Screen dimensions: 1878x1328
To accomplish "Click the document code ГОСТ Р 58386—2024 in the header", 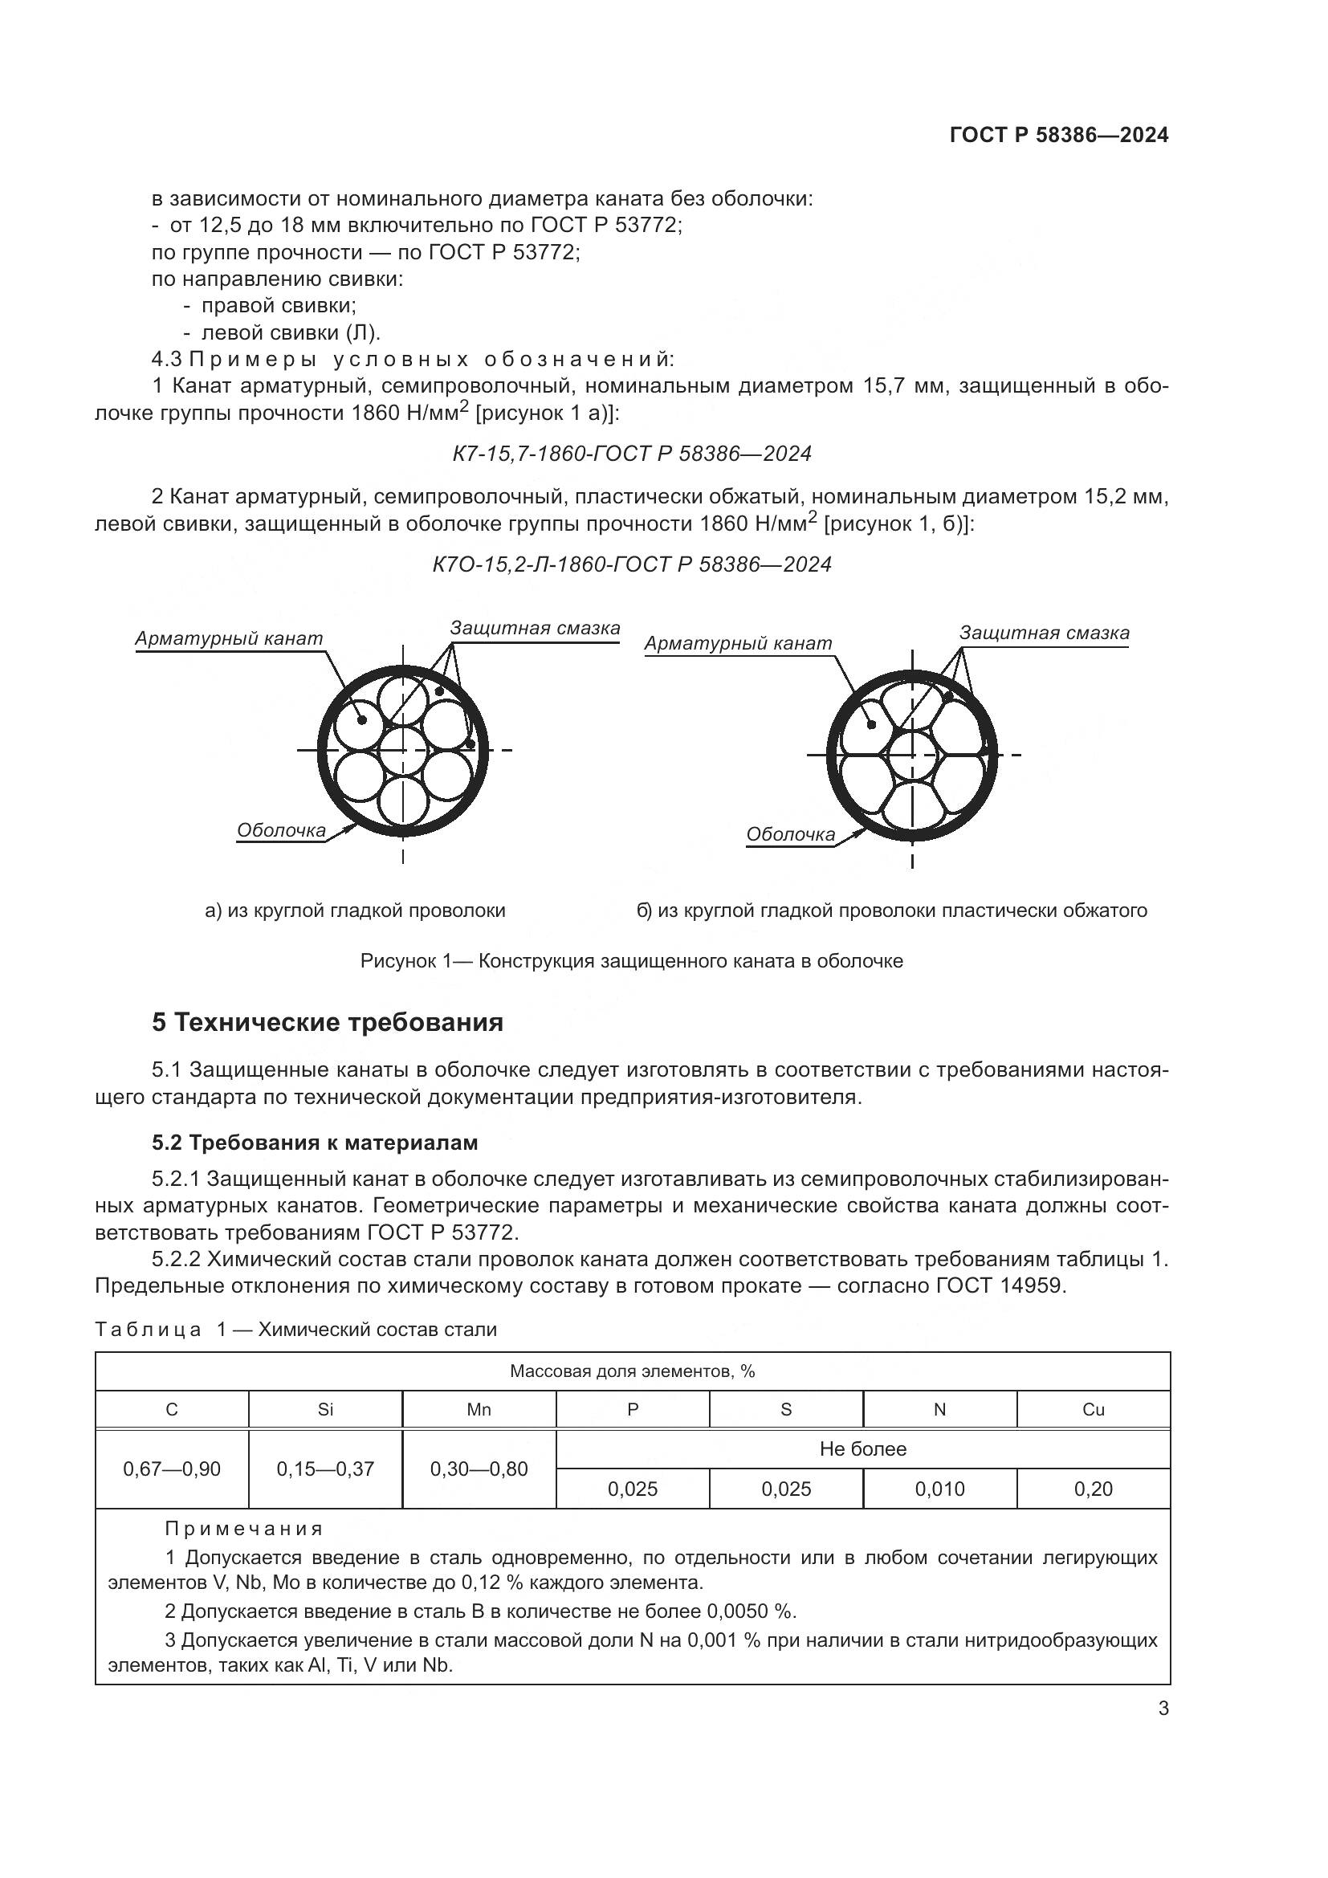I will click(1059, 135).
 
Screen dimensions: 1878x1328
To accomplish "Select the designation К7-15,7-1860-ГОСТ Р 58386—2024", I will click(631, 454).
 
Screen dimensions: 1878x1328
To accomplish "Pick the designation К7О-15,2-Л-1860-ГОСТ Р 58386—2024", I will click(631, 564).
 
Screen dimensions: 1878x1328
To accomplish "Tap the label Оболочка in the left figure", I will click(280, 831).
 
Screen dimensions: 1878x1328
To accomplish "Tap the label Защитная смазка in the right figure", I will click(1044, 632).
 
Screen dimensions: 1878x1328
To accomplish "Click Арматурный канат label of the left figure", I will click(229, 638).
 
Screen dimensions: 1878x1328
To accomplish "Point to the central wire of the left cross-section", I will click(403, 750).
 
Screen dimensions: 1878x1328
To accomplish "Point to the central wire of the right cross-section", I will click(913, 755).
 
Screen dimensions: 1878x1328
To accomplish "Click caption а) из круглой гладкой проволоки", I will click(355, 910).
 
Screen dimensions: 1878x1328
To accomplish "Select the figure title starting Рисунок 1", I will click(631, 961).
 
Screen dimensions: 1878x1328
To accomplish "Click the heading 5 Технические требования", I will click(327, 1022).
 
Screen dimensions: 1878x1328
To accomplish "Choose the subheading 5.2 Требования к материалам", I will click(315, 1143).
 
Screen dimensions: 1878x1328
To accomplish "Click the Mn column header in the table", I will click(479, 1409).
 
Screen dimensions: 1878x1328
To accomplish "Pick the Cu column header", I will click(1094, 1409).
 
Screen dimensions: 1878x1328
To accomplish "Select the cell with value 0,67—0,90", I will click(172, 1469).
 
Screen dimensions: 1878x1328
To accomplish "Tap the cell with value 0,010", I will click(939, 1489).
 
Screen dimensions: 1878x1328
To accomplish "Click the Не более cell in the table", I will click(862, 1449).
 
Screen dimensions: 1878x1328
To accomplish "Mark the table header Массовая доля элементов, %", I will click(631, 1371).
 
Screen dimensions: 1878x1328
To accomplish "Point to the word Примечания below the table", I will click(244, 1528).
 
